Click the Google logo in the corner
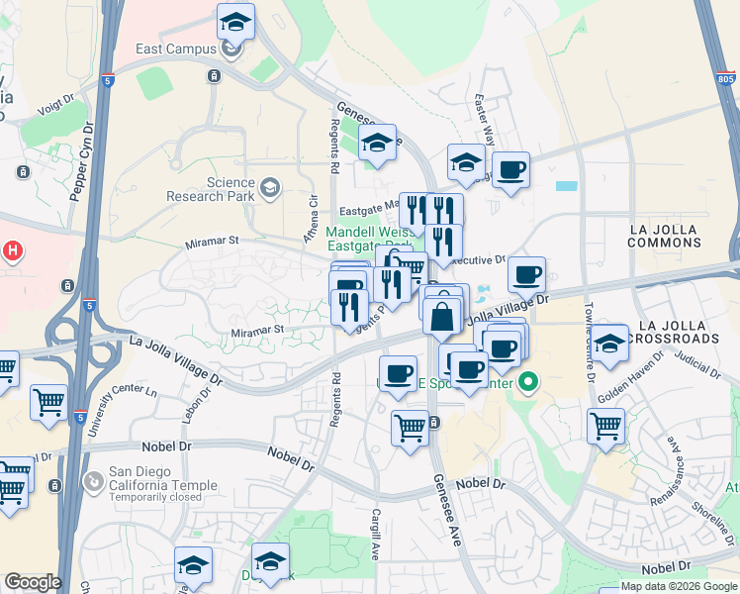tap(33, 582)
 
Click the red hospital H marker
tap(13, 250)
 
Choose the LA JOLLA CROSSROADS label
tap(679, 332)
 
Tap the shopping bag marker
tap(443, 317)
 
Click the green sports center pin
tap(530, 380)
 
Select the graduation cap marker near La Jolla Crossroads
tap(608, 343)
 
